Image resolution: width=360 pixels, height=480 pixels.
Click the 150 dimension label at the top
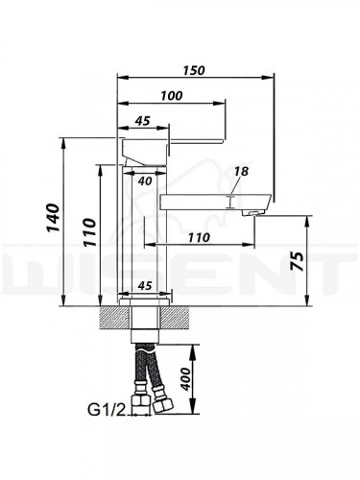coord(193,70)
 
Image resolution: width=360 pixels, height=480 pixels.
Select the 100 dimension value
coord(171,96)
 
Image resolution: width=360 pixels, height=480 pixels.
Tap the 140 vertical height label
coord(53,217)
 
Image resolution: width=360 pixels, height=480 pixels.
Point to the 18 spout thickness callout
coord(241,171)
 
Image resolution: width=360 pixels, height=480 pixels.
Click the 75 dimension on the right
coord(299,261)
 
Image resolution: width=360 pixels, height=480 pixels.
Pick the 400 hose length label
coord(184,378)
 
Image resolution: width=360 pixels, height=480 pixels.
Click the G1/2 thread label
coord(106,410)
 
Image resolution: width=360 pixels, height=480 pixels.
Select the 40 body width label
coord(145,180)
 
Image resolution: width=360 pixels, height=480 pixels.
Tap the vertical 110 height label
coord(90,232)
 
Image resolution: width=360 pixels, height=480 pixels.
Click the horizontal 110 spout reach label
coord(199,237)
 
